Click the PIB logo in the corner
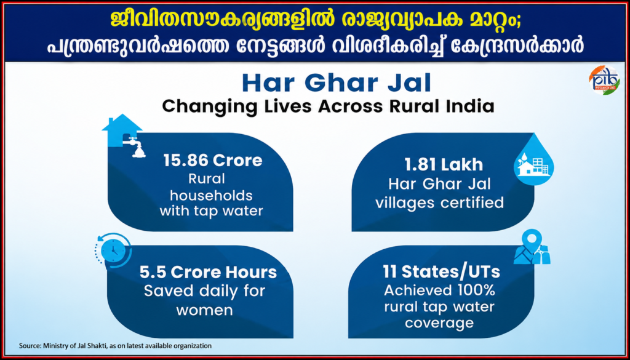[x=605, y=81]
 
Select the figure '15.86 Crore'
[x=212, y=161]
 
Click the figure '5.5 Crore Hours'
[x=208, y=273]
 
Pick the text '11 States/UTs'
[x=439, y=273]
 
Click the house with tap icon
[x=124, y=135]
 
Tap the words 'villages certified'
[x=439, y=202]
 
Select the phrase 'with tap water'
[x=211, y=211]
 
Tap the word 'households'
[x=211, y=196]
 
